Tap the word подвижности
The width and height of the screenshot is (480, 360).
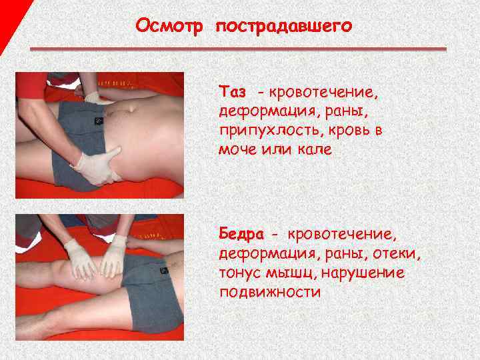tap(269, 293)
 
